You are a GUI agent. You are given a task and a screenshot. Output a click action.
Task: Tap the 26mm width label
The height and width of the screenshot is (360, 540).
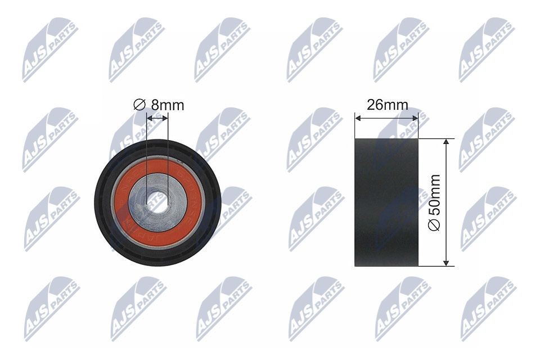387,105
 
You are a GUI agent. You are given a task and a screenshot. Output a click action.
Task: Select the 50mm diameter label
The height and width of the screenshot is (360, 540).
434,201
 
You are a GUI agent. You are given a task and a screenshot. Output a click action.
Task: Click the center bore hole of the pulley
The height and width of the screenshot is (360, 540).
158,204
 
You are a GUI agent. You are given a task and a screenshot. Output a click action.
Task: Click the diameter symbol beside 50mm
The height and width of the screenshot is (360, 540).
434,225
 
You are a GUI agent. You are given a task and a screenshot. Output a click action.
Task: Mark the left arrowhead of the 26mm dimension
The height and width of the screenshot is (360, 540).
358,118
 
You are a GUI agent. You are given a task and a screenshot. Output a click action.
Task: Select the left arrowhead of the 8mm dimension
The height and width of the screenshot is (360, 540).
149,118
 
